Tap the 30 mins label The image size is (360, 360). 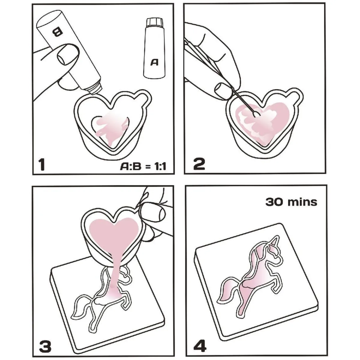291,202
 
